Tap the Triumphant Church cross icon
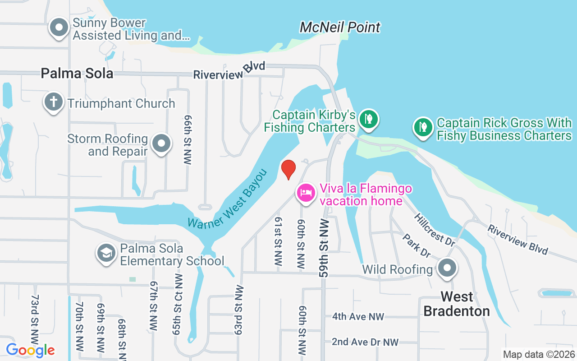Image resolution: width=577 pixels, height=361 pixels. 53,102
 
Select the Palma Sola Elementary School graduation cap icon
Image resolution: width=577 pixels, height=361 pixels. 106,254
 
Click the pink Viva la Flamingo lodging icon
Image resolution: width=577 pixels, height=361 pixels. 306,193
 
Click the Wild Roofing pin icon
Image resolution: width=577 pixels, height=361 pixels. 447,268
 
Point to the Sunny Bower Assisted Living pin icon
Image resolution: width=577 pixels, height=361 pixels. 59,28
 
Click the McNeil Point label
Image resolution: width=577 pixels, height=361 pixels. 340,27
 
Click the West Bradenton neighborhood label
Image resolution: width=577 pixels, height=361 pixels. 457,304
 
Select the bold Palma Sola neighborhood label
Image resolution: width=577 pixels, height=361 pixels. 77,73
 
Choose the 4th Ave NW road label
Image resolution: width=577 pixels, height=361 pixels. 358,316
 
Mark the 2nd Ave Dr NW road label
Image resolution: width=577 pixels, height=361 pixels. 365,342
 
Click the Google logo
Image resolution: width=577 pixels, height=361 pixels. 30,350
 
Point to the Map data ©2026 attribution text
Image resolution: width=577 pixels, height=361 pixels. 539,355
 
